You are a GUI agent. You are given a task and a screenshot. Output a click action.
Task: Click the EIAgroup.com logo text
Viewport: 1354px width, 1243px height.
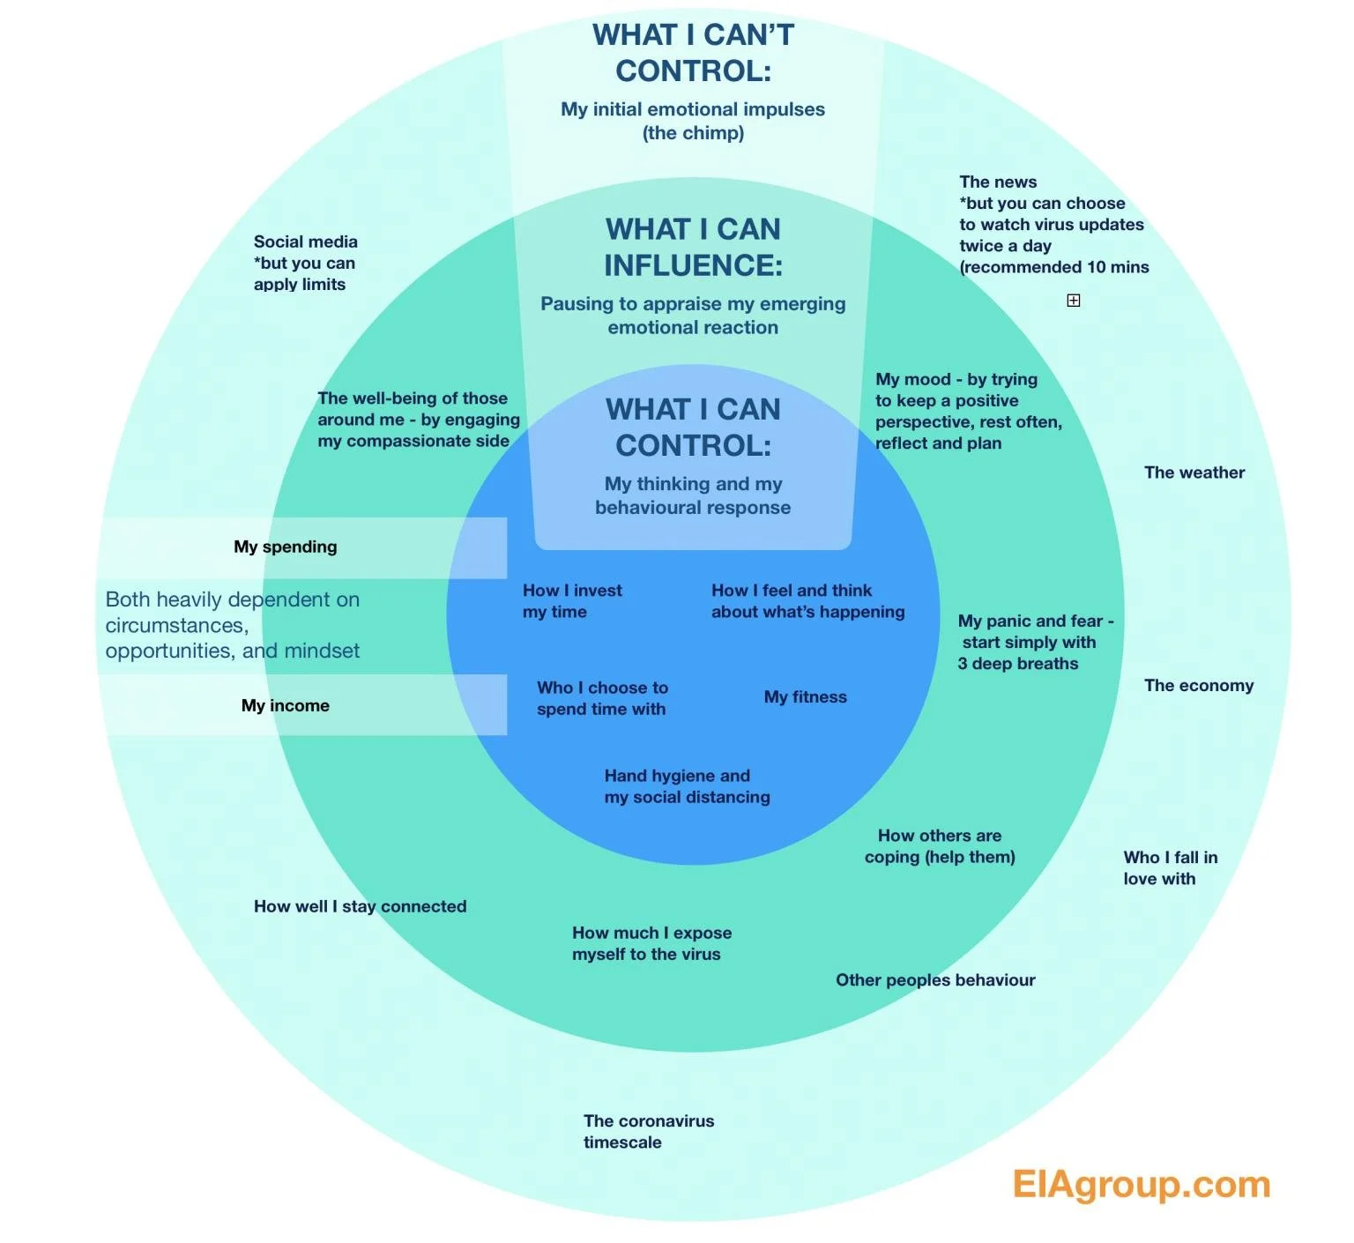click(1141, 1184)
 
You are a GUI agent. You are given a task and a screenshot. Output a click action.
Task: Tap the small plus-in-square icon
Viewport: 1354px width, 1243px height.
click(1073, 301)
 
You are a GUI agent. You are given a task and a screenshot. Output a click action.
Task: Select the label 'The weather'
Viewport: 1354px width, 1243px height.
click(1194, 473)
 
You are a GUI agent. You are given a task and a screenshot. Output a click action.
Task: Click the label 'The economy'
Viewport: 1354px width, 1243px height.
click(1198, 686)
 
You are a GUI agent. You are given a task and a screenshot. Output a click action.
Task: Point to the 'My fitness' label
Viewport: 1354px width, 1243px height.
click(805, 697)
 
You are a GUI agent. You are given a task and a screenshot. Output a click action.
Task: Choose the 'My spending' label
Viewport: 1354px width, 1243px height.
click(285, 547)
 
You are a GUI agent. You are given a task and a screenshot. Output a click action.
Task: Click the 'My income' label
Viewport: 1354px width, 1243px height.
click(285, 705)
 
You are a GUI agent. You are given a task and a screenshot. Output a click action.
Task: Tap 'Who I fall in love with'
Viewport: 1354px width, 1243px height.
click(1170, 867)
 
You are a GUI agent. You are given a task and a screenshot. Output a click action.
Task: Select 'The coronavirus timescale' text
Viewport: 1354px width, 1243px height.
click(648, 1131)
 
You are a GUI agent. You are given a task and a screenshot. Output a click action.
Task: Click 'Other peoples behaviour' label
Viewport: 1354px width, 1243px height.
click(934, 980)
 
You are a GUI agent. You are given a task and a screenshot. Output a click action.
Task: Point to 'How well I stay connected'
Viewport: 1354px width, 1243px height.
click(360, 906)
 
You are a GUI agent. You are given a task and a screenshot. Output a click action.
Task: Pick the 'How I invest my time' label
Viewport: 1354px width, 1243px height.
click(571, 601)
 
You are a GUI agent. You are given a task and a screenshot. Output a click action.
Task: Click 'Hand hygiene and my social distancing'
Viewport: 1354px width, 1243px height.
click(687, 786)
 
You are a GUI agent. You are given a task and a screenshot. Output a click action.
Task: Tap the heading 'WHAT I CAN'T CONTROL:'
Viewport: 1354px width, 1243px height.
click(693, 53)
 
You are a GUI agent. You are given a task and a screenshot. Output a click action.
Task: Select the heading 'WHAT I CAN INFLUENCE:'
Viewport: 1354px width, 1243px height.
click(693, 247)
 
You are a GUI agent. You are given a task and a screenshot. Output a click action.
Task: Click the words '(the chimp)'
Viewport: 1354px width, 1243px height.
click(693, 133)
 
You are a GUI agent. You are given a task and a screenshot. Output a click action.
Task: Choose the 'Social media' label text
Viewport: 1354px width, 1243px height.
click(305, 242)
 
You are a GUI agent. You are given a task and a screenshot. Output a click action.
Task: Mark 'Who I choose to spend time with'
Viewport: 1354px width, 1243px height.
click(602, 698)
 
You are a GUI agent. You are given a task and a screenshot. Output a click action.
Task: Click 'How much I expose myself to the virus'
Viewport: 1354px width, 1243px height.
click(651, 943)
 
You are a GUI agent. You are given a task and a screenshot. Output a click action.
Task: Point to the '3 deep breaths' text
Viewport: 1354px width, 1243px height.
click(1017, 664)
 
